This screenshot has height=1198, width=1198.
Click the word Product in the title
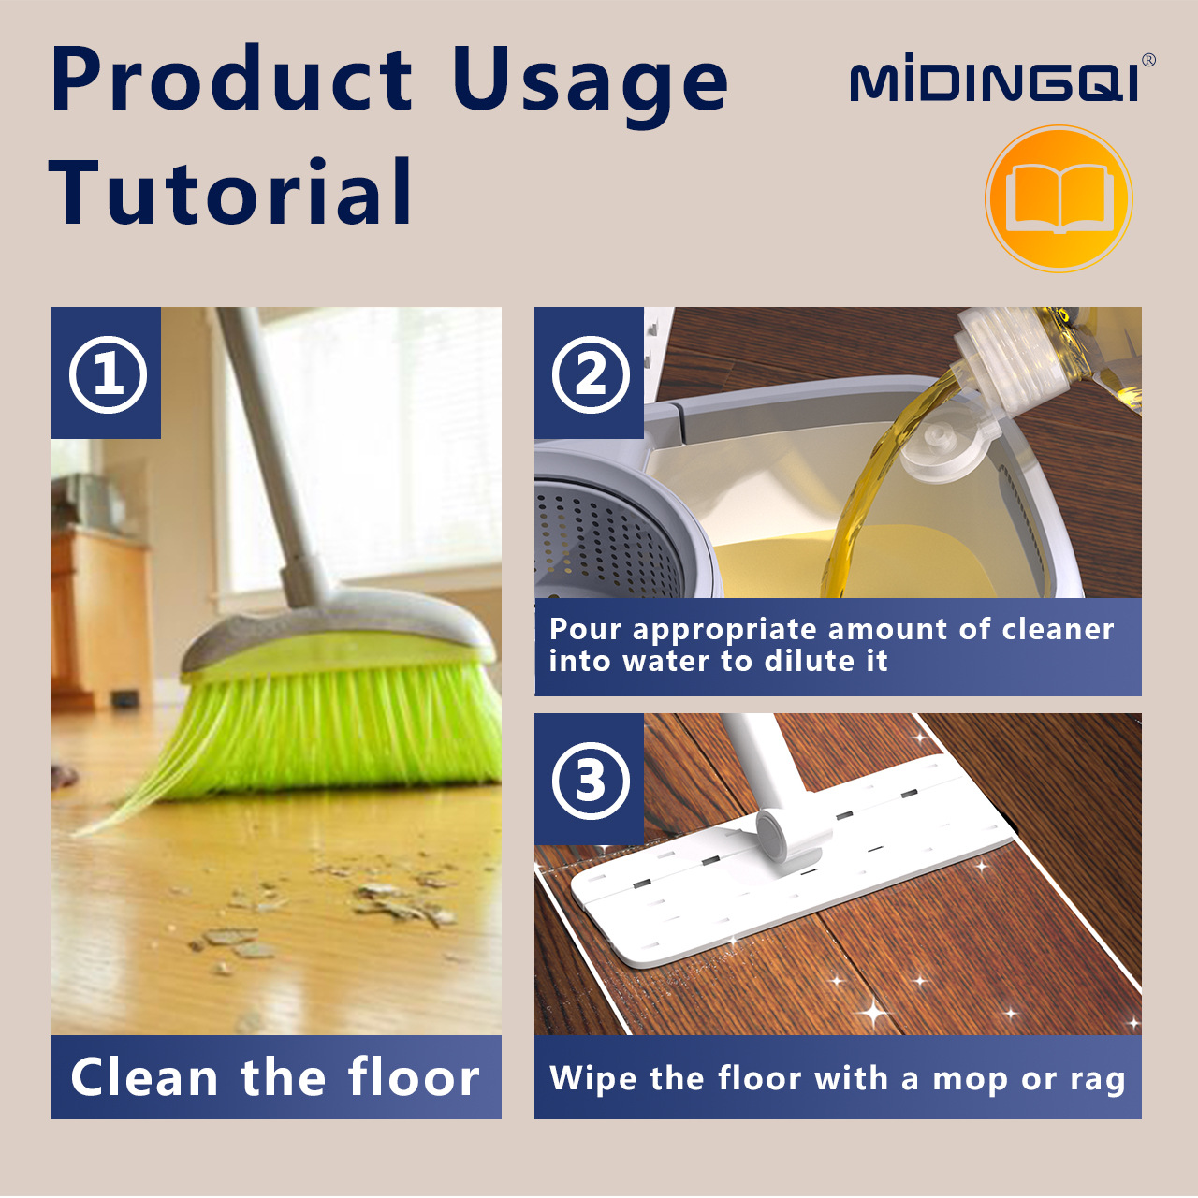point(231,79)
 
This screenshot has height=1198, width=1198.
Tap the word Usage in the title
point(591,86)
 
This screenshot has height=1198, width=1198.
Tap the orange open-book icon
point(1059,198)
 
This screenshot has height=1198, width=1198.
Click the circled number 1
point(108,374)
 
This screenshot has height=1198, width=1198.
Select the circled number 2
point(590,374)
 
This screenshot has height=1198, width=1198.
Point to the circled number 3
point(590,780)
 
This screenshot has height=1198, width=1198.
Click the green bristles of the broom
point(323,727)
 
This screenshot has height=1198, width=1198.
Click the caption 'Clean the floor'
point(275,1076)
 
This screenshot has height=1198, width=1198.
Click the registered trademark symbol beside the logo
point(1149,60)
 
